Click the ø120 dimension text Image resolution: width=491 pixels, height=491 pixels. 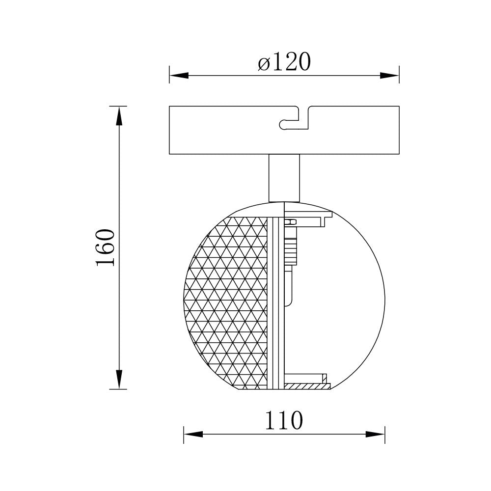click(x=284, y=63)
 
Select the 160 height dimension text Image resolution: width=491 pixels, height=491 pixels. click(x=106, y=247)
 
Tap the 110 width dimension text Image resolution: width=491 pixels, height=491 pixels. click(x=284, y=421)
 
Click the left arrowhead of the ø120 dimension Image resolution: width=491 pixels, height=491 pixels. click(x=179, y=76)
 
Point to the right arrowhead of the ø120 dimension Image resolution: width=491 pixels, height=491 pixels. click(x=390, y=76)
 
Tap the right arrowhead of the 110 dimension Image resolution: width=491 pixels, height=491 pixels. click(x=376, y=434)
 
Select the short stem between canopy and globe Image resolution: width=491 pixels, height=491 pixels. click(x=284, y=178)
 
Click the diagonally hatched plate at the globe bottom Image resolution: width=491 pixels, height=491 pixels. click(x=307, y=386)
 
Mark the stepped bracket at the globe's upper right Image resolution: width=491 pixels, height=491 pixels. click(x=314, y=216)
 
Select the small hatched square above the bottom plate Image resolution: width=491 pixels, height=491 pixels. click(x=325, y=378)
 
